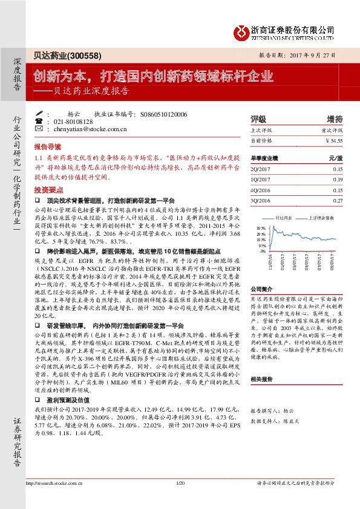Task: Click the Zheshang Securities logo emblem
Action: pyautogui.click(x=243, y=30)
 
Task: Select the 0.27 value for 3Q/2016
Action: pyautogui.click(x=338, y=199)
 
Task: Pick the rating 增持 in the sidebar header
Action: pyautogui.click(x=335, y=118)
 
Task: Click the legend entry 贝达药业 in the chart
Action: pyautogui.click(x=284, y=216)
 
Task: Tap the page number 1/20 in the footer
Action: pyautogui.click(x=180, y=500)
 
